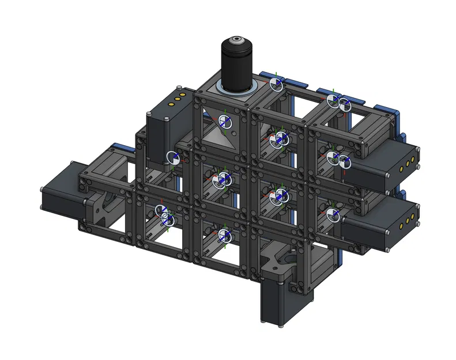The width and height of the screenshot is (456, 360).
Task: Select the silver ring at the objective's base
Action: [237, 88]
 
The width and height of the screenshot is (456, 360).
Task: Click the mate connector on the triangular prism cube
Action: [225, 122]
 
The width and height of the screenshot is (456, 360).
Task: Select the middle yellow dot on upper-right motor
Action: [408, 164]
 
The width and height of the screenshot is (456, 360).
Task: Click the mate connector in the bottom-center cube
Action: [224, 235]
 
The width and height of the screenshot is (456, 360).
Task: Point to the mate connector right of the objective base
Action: [277, 84]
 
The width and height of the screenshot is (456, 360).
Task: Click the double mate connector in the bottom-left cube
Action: [167, 215]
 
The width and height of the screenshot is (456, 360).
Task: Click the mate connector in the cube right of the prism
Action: [280, 138]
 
